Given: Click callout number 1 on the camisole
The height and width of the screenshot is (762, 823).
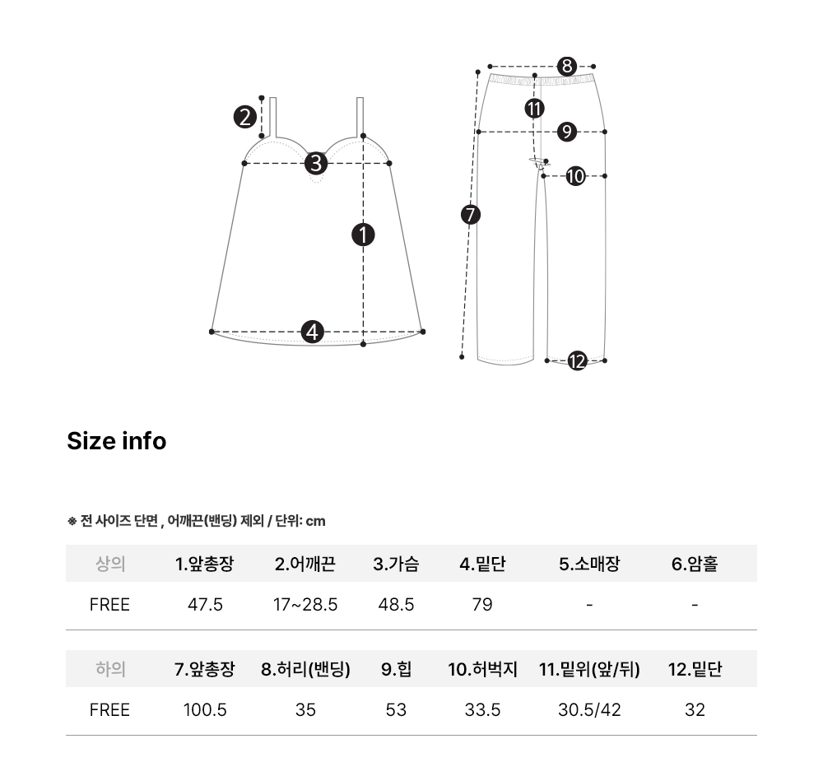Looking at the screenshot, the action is coord(363,235).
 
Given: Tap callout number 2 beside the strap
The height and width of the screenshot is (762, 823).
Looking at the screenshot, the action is coord(245,117).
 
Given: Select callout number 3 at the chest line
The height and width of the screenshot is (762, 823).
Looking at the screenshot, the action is coord(316,163).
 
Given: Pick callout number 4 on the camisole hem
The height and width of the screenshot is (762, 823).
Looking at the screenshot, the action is coord(312,332).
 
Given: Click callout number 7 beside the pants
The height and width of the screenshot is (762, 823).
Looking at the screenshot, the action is coord(470,215).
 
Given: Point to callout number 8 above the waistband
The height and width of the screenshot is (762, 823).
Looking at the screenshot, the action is coord(567,66).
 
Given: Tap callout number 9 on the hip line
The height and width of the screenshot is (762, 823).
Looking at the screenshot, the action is coord(567,132).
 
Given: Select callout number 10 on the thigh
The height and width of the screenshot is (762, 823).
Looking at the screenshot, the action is coord(576,176).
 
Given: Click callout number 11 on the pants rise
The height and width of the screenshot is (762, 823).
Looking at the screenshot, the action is coord(534,109).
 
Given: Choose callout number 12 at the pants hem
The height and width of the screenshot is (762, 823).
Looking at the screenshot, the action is coord(578,361).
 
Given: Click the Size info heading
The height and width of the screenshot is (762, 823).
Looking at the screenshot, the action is coord(117,441).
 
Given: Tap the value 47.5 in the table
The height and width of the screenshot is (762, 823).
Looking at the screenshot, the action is coord(205,605).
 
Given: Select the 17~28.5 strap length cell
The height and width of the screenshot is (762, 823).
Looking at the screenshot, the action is coord(305,605).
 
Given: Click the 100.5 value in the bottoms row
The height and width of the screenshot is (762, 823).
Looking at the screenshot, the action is coord(205,710).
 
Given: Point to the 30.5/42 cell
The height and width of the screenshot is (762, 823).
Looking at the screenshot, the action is coord(589,710).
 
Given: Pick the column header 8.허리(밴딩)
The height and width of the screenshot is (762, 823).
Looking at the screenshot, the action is coord(305,669).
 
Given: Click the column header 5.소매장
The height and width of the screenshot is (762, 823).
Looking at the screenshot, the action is coord(589,564).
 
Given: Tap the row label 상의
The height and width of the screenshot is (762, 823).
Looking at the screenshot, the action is coord(110,564).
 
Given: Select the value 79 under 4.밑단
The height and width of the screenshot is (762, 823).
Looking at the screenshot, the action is coord(482,605).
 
